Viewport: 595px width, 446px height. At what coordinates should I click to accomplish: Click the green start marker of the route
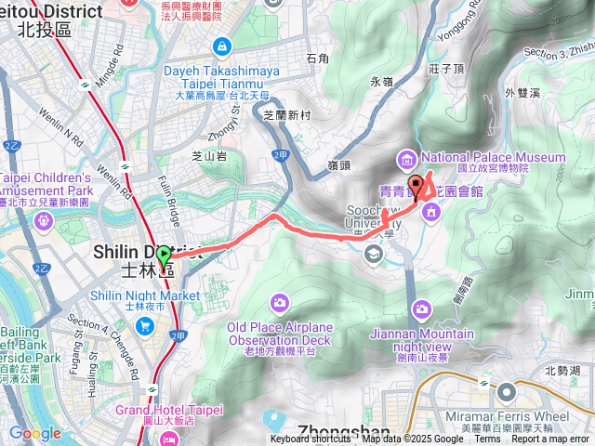point(165,254)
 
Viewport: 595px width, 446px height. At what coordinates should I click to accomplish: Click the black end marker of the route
point(416,184)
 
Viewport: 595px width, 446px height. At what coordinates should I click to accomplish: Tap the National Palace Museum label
point(493,157)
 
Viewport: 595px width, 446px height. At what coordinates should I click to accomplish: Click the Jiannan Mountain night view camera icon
point(422,308)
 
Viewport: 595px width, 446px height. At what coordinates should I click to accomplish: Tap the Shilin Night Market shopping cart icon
point(145,325)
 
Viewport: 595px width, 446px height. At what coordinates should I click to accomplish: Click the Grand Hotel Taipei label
point(169,410)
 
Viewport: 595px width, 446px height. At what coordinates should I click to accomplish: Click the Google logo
point(34,433)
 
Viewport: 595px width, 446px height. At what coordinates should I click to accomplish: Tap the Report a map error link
point(550,439)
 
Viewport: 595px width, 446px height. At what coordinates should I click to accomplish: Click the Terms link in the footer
point(487,439)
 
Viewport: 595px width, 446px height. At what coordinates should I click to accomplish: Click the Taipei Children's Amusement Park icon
point(43,221)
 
